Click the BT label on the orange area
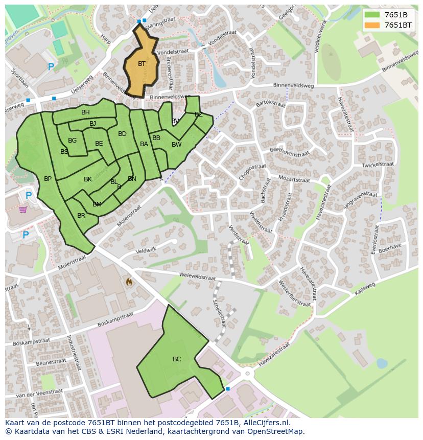(142, 64)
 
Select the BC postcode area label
(177, 359)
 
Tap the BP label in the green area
(48, 179)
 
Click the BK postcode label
(88, 179)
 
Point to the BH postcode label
(85, 112)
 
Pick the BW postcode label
(176, 145)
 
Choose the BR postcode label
(81, 216)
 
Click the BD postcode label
(122, 134)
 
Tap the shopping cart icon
(23, 210)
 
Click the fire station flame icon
(129, 282)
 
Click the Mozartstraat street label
(294, 179)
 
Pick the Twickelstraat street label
(378, 165)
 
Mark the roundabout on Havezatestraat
(248, 374)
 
